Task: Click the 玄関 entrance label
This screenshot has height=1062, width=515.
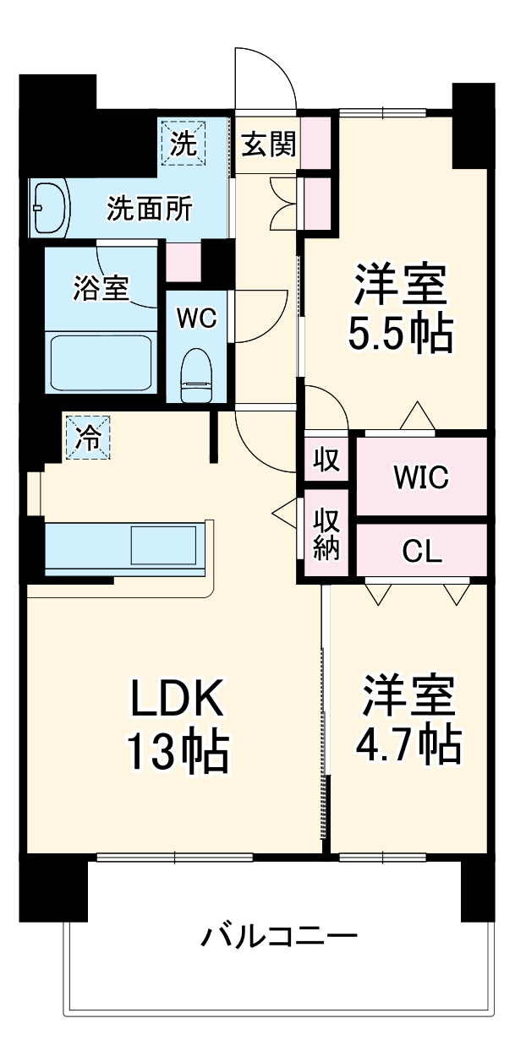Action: pyautogui.click(x=270, y=145)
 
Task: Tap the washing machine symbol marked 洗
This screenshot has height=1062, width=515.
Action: pyautogui.click(x=183, y=144)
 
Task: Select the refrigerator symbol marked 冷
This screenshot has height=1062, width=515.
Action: pyautogui.click(x=88, y=438)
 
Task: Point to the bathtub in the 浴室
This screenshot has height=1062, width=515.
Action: pyautogui.click(x=101, y=362)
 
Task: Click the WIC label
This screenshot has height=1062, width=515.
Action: pyautogui.click(x=419, y=477)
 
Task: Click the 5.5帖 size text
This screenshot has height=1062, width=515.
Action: pyautogui.click(x=401, y=335)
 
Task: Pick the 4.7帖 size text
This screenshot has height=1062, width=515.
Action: pyautogui.click(x=411, y=743)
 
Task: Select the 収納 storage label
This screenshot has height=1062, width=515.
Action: pyautogui.click(x=327, y=533)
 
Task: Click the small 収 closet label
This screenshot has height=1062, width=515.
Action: pyautogui.click(x=326, y=460)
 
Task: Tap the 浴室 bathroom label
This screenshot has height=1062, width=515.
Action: pyautogui.click(x=101, y=288)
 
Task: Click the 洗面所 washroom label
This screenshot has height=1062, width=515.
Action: pyautogui.click(x=148, y=208)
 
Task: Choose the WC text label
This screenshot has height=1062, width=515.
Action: pyautogui.click(x=197, y=318)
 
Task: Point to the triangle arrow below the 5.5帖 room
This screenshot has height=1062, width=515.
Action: pyautogui.click(x=416, y=417)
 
